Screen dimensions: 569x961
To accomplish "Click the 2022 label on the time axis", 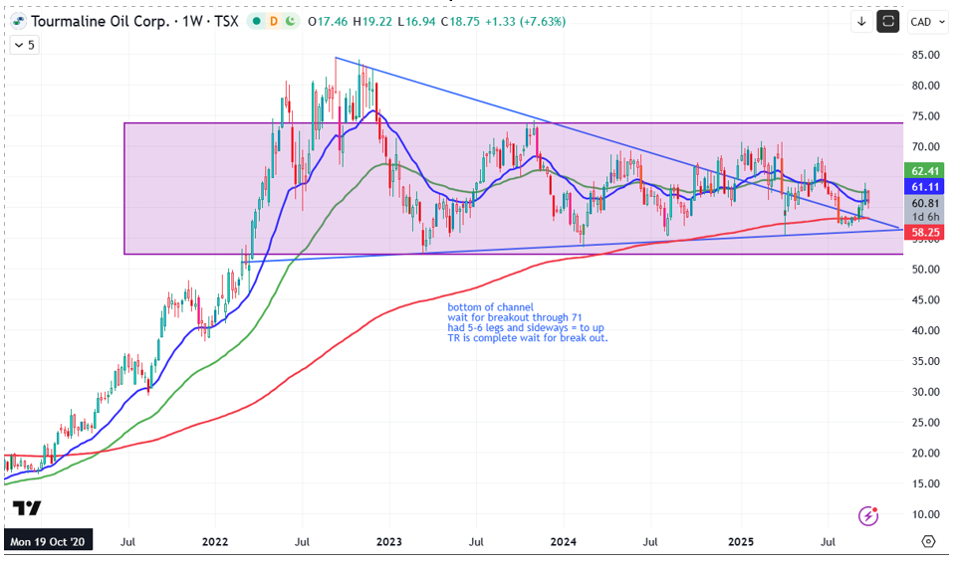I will click(x=216, y=542).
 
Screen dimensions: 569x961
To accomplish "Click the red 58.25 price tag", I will click(x=927, y=232).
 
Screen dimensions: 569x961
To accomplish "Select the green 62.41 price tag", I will click(x=927, y=170).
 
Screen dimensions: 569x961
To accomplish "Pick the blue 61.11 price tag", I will click(x=927, y=187).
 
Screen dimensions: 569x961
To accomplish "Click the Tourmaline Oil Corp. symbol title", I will click(x=100, y=21).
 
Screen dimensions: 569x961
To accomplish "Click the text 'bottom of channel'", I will click(x=491, y=306).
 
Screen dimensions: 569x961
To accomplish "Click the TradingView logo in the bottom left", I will click(x=27, y=508).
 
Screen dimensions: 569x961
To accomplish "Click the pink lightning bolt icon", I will click(x=869, y=515).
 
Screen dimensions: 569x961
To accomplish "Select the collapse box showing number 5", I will click(x=24, y=45).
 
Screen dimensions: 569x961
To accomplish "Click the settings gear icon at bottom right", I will click(x=928, y=542).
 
